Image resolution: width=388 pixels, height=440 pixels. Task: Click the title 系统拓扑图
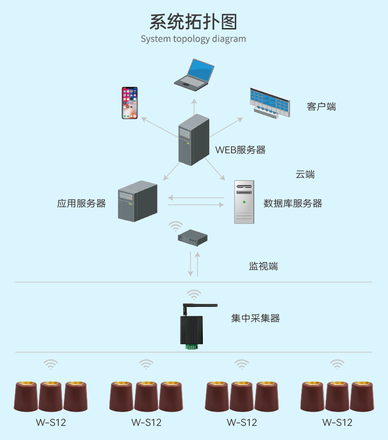click(194, 22)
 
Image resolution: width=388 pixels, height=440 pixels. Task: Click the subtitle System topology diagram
click(193, 39)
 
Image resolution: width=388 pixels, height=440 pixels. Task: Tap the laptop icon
click(195, 73)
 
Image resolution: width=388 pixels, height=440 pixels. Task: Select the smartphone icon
click(130, 103)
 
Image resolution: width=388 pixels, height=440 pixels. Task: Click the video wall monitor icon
click(270, 102)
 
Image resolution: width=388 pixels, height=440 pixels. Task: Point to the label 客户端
click(321, 107)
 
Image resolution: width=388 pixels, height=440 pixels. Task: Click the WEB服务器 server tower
click(194, 139)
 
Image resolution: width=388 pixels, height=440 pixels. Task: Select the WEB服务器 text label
click(240, 150)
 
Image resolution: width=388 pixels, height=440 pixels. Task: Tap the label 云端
click(305, 174)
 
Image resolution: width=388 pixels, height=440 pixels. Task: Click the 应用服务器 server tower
click(138, 201)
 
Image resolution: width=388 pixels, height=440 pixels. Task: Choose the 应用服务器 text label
click(81, 203)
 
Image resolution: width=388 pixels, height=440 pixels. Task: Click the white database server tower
click(244, 202)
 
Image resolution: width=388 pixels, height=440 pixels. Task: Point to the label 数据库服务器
click(293, 203)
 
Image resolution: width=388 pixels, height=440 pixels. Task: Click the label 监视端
click(263, 267)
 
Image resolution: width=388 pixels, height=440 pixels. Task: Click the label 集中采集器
click(255, 319)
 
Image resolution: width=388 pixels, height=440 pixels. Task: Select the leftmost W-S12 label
click(51, 422)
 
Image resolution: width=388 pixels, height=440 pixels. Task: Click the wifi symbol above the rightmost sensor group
click(337, 364)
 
